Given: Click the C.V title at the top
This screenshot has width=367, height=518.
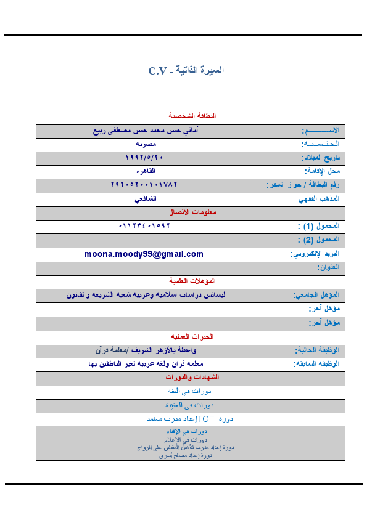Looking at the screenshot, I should pos(186,70).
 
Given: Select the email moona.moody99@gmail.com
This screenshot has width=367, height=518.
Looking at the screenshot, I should pos(144,254).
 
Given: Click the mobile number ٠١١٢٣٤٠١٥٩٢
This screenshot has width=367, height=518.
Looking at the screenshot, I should pos(144,225).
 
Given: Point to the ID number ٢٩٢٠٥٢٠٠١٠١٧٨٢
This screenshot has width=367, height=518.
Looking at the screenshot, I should pos(144,184).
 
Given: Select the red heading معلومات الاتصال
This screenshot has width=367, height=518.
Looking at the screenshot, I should pos(191,212).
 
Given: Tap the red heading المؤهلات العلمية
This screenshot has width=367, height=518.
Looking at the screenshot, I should pos(191,281).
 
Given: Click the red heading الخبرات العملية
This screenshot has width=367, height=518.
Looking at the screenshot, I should pos(191,336).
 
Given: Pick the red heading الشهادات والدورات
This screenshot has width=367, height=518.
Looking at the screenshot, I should pos(191,376).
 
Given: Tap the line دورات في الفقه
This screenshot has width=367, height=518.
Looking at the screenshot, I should pos(191,391).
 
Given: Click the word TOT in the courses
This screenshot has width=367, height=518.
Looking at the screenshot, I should pos(205,419).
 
